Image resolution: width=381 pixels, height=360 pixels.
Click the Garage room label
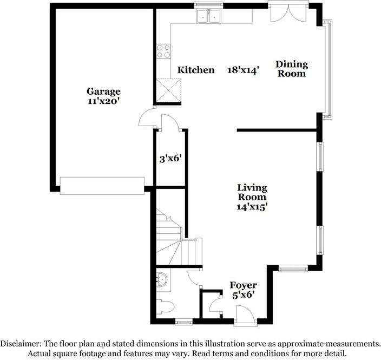[x=103, y=91]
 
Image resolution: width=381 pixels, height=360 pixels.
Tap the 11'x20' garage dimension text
[x=103, y=101]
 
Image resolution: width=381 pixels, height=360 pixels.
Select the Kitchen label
[x=196, y=70]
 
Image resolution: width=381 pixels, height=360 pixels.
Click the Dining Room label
[x=292, y=69]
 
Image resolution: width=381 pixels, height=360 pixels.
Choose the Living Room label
[x=252, y=192]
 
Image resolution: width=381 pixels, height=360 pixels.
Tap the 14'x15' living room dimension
[x=252, y=206]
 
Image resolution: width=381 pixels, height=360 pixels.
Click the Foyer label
[x=243, y=285]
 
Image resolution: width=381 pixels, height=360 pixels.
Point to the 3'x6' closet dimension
[x=169, y=159]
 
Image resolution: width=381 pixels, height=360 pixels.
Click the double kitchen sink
[x=209, y=17]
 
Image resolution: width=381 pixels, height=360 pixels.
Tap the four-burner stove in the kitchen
[x=163, y=51]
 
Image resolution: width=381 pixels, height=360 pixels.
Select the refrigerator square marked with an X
[x=168, y=89]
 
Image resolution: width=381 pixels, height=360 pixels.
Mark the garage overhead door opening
[x=102, y=185]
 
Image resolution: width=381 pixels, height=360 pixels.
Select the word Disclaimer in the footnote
[x=22, y=344]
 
